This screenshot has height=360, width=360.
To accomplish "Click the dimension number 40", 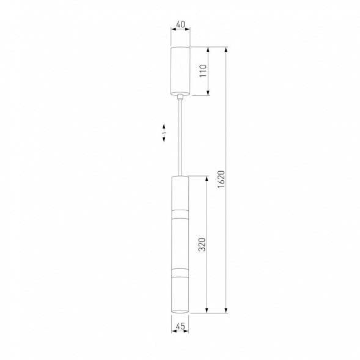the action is click(180, 24).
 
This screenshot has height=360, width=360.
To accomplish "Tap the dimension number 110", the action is click(203, 71).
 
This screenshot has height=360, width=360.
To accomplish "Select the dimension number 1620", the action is click(221, 179).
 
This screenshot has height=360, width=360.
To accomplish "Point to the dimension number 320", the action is click(202, 244).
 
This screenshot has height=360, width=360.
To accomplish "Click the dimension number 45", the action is click(180, 326).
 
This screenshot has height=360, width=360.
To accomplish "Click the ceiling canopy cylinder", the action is click(180, 71).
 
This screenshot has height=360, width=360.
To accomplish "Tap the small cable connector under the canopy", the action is click(180, 97).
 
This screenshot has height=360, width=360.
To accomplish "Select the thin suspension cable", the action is click(180, 138).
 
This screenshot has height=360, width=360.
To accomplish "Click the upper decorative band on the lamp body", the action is click(180, 214).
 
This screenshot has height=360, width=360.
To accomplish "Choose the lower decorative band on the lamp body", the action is click(180, 272).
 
